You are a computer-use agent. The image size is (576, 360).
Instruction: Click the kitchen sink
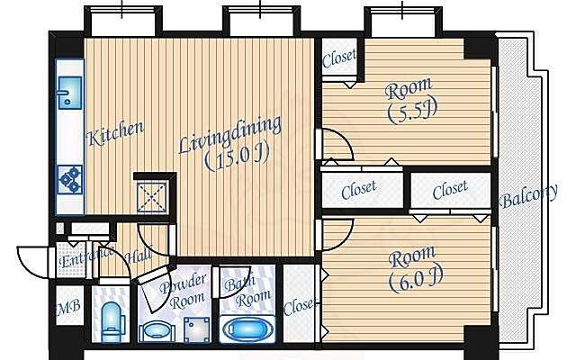coord(70,93)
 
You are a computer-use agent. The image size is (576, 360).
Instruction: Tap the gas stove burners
coord(70,179)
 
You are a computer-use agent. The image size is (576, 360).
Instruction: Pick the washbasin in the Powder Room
coord(157,330)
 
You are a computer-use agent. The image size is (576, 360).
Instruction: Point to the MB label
coord(68,307)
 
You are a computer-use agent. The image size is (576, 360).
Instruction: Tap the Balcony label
coord(529,196)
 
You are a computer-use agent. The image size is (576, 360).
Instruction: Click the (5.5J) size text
coord(412,112)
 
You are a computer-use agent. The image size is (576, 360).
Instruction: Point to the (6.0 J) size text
coord(416,280)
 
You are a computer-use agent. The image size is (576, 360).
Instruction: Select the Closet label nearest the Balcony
coord(450,190)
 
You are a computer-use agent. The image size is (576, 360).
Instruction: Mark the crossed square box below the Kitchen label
coord(152,197)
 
